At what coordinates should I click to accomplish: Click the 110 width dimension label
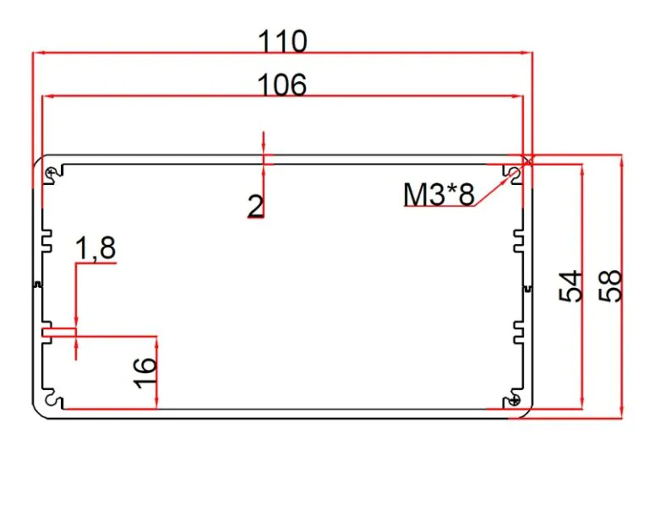coord(283,41)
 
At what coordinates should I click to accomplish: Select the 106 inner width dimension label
coord(282,84)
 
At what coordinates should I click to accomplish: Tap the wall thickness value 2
coord(255,206)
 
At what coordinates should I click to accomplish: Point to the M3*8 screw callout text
coord(439,194)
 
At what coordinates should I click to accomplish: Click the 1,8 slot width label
coord(95,248)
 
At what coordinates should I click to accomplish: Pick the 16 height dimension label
coord(145,372)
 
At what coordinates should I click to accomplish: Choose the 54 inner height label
coord(570,286)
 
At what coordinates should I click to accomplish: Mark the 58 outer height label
coord(610,286)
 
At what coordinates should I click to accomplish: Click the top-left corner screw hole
coord(51,172)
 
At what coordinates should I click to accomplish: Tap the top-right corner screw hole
coord(515,172)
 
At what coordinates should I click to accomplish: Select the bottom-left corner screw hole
coord(52,400)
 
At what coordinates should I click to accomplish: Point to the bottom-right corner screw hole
coord(515,400)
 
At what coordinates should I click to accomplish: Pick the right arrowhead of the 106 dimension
coord(517,96)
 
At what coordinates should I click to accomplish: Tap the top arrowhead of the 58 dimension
coord(621,161)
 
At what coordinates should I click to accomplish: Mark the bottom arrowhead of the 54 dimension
coord(582,403)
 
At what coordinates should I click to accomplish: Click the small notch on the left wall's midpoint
coord(37,285)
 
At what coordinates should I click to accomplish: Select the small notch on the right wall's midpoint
coord(527,289)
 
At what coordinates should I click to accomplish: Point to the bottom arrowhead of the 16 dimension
coord(156,403)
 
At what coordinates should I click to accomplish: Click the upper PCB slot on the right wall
coord(519,241)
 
